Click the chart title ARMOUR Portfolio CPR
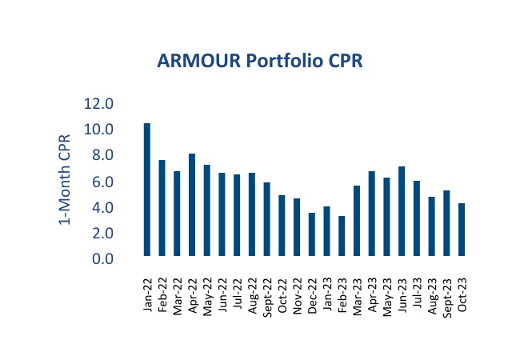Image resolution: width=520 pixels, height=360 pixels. click(260, 62)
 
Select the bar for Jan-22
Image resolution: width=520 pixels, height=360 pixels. click(147, 190)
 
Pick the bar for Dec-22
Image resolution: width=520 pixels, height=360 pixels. click(311, 234)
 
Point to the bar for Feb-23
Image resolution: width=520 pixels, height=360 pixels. click(342, 236)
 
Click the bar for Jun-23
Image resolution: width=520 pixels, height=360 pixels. click(402, 211)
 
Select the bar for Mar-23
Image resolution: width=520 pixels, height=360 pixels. click(357, 221)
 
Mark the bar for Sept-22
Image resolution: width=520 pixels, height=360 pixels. click(266, 219)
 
